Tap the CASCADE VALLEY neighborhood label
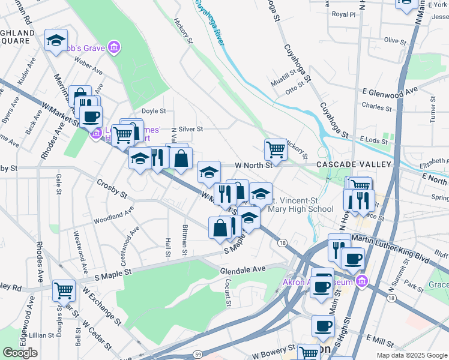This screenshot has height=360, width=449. coord(354,164)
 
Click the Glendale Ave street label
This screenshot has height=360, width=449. coord(243,271)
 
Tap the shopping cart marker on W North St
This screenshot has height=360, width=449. coord(276,148)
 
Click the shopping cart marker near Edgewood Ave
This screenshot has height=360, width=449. coord(64,290)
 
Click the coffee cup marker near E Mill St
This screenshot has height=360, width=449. coord(323,326)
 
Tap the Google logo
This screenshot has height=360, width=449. coord(20,353)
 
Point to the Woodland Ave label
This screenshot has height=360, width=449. coord(113,215)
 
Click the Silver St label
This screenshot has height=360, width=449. coord(191,128)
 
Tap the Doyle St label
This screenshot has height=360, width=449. coord(154,111)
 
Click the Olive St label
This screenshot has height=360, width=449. coord(396,41)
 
